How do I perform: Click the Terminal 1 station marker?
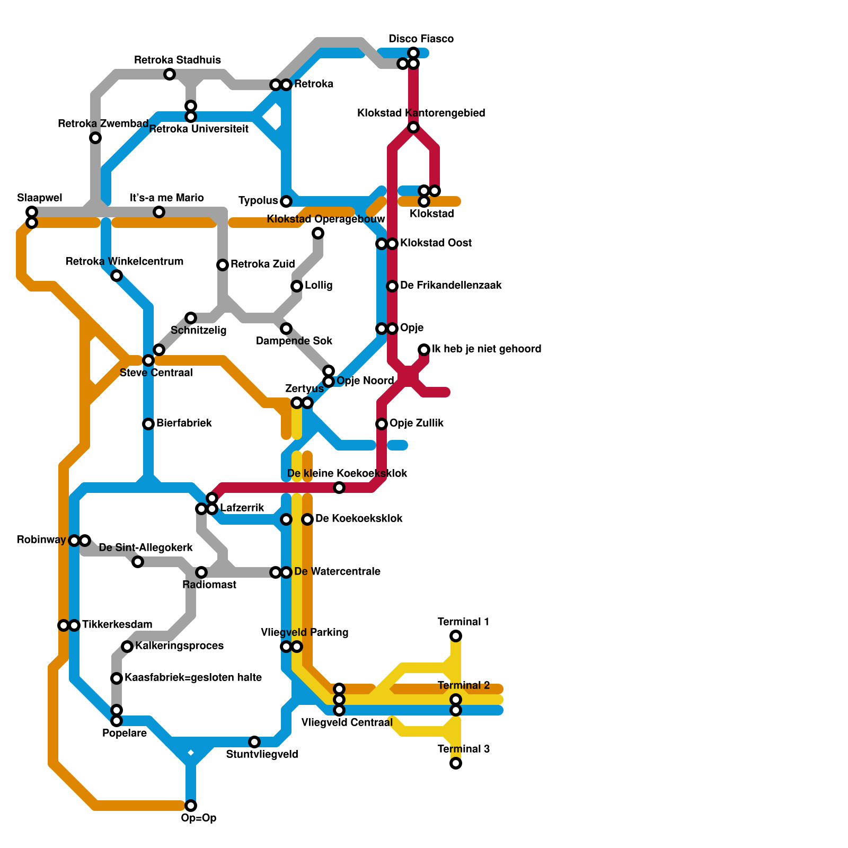456,636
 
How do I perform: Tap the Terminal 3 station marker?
456,763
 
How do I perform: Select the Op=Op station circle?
191,806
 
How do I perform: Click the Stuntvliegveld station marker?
254,742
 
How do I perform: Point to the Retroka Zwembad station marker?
95,138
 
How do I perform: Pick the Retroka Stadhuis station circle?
170,74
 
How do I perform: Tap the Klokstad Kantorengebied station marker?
413,127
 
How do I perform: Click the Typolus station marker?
286,201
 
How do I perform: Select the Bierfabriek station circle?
148,424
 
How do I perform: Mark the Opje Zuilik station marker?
382,424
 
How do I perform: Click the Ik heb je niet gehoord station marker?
424,350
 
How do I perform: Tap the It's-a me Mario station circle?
159,212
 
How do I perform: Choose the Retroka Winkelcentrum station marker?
117,276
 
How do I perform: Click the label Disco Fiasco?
421,39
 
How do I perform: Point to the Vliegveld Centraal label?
347,722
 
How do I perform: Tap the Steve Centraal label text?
156,373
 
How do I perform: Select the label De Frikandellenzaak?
450,286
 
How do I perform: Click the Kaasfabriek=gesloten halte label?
193,678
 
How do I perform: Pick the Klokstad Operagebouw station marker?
318,233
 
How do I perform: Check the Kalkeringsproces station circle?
127,647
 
